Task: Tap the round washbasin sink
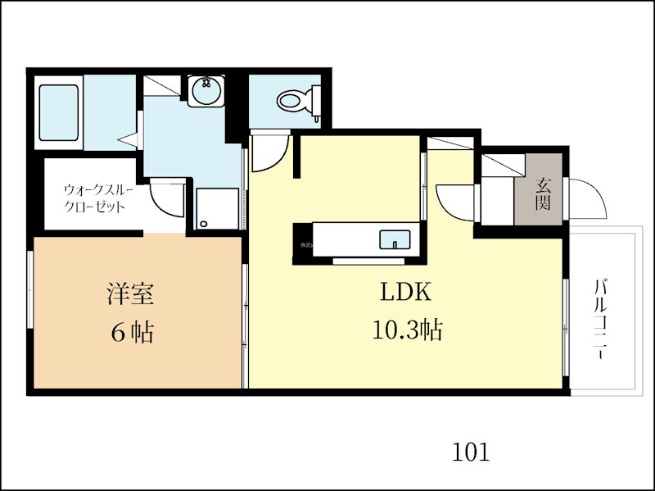tap(205, 91)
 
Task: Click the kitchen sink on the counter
tap(395, 240)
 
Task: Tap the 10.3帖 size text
tap(407, 330)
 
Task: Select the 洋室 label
tap(131, 293)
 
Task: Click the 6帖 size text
tap(131, 332)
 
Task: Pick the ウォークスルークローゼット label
tap(95, 198)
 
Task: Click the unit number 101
tap(471, 452)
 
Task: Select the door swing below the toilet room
tap(269, 154)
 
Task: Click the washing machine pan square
tap(217, 208)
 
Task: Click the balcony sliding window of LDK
tap(566, 321)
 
